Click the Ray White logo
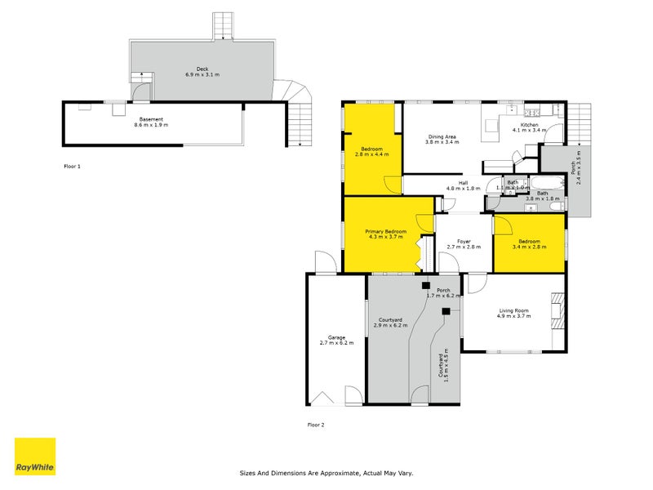tap(35, 457)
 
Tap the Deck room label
tap(202, 72)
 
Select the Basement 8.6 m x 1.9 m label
tap(150, 122)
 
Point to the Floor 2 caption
tap(316, 425)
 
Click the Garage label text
tap(336, 340)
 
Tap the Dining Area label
tap(442, 139)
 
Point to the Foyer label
tap(464, 243)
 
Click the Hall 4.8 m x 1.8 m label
tap(462, 185)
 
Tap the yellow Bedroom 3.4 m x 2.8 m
tap(529, 243)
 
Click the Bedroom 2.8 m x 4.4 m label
tap(371, 152)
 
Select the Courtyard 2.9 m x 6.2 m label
tap(389, 323)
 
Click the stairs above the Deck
tap(222, 26)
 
